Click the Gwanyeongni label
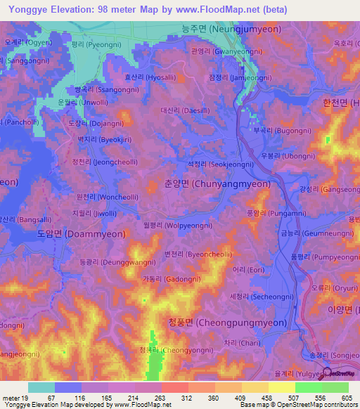(x=226, y=51)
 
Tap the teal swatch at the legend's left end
(x=41, y=387)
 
